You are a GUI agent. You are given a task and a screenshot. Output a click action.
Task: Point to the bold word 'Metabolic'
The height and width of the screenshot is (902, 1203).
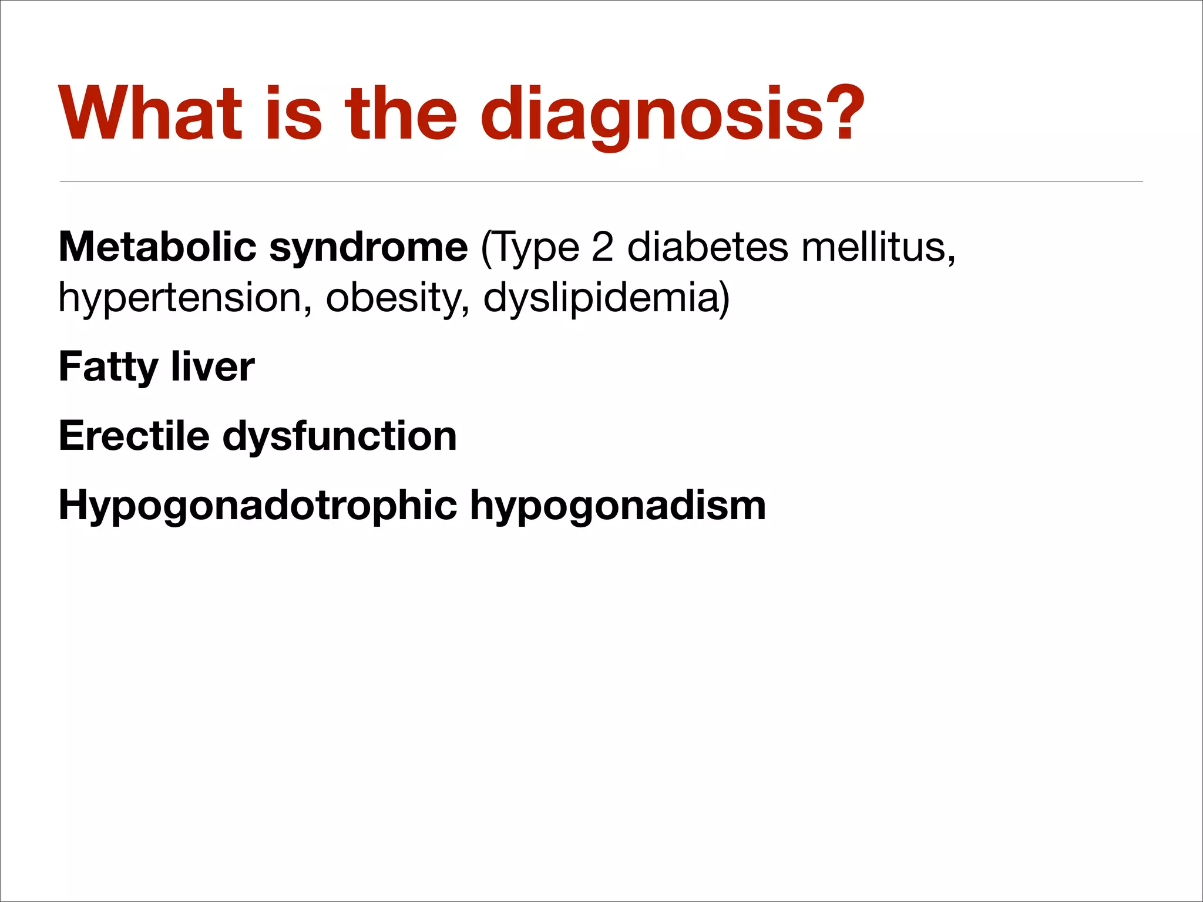pos(157,247)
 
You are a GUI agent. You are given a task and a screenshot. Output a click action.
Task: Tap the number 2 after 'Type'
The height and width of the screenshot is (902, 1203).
pos(602,247)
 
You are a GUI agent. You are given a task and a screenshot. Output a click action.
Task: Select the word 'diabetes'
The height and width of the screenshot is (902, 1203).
pos(708,247)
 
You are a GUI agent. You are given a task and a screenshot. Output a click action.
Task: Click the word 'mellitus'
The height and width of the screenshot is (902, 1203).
pos(878,247)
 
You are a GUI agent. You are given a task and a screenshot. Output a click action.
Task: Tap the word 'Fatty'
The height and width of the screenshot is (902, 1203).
pos(108,368)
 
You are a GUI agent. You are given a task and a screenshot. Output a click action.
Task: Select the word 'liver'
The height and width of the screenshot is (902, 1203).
pos(213,366)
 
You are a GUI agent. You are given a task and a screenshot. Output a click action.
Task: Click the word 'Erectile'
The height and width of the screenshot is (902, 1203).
pos(134,436)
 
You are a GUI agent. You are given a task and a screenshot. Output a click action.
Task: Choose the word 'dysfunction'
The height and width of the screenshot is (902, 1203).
pos(340,437)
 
